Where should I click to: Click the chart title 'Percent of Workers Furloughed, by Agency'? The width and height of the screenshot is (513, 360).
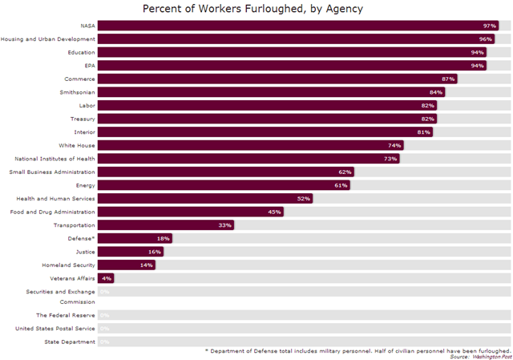(x=252, y=9)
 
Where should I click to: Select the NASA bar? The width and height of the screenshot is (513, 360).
(x=297, y=26)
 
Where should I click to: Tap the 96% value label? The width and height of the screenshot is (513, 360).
(x=486, y=39)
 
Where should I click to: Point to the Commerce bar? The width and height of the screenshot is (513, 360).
(x=273, y=79)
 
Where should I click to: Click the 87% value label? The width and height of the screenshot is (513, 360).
(x=448, y=79)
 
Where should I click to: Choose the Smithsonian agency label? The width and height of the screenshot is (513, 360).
(x=78, y=92)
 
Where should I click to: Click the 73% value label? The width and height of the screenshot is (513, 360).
(x=390, y=159)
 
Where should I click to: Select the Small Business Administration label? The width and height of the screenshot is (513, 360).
(x=52, y=172)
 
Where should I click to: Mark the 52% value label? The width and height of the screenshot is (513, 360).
(x=303, y=199)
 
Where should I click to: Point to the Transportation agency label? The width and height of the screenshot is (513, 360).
(x=74, y=225)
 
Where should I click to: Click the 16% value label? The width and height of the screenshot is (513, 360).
(x=155, y=252)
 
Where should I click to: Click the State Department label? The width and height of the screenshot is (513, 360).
(x=70, y=342)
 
